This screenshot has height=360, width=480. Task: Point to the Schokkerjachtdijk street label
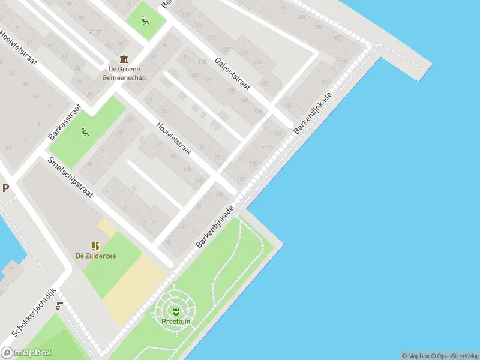tap(34, 311)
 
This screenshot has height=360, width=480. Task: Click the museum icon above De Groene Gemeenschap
tap(124, 59)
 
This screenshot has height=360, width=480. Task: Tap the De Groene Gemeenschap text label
tap(124, 73)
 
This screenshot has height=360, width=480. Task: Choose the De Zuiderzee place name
tap(96, 256)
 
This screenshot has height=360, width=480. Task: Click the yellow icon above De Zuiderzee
tap(95, 245)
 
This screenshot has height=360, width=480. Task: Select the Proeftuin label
tap(175, 321)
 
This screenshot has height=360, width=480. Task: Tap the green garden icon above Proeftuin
tap(175, 311)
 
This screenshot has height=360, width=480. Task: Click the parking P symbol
tap(5, 188)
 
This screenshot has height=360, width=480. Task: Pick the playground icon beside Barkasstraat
tap(85, 131)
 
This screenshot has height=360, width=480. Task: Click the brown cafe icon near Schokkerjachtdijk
tap(59, 306)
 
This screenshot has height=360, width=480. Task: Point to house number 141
tap(289, 106)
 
